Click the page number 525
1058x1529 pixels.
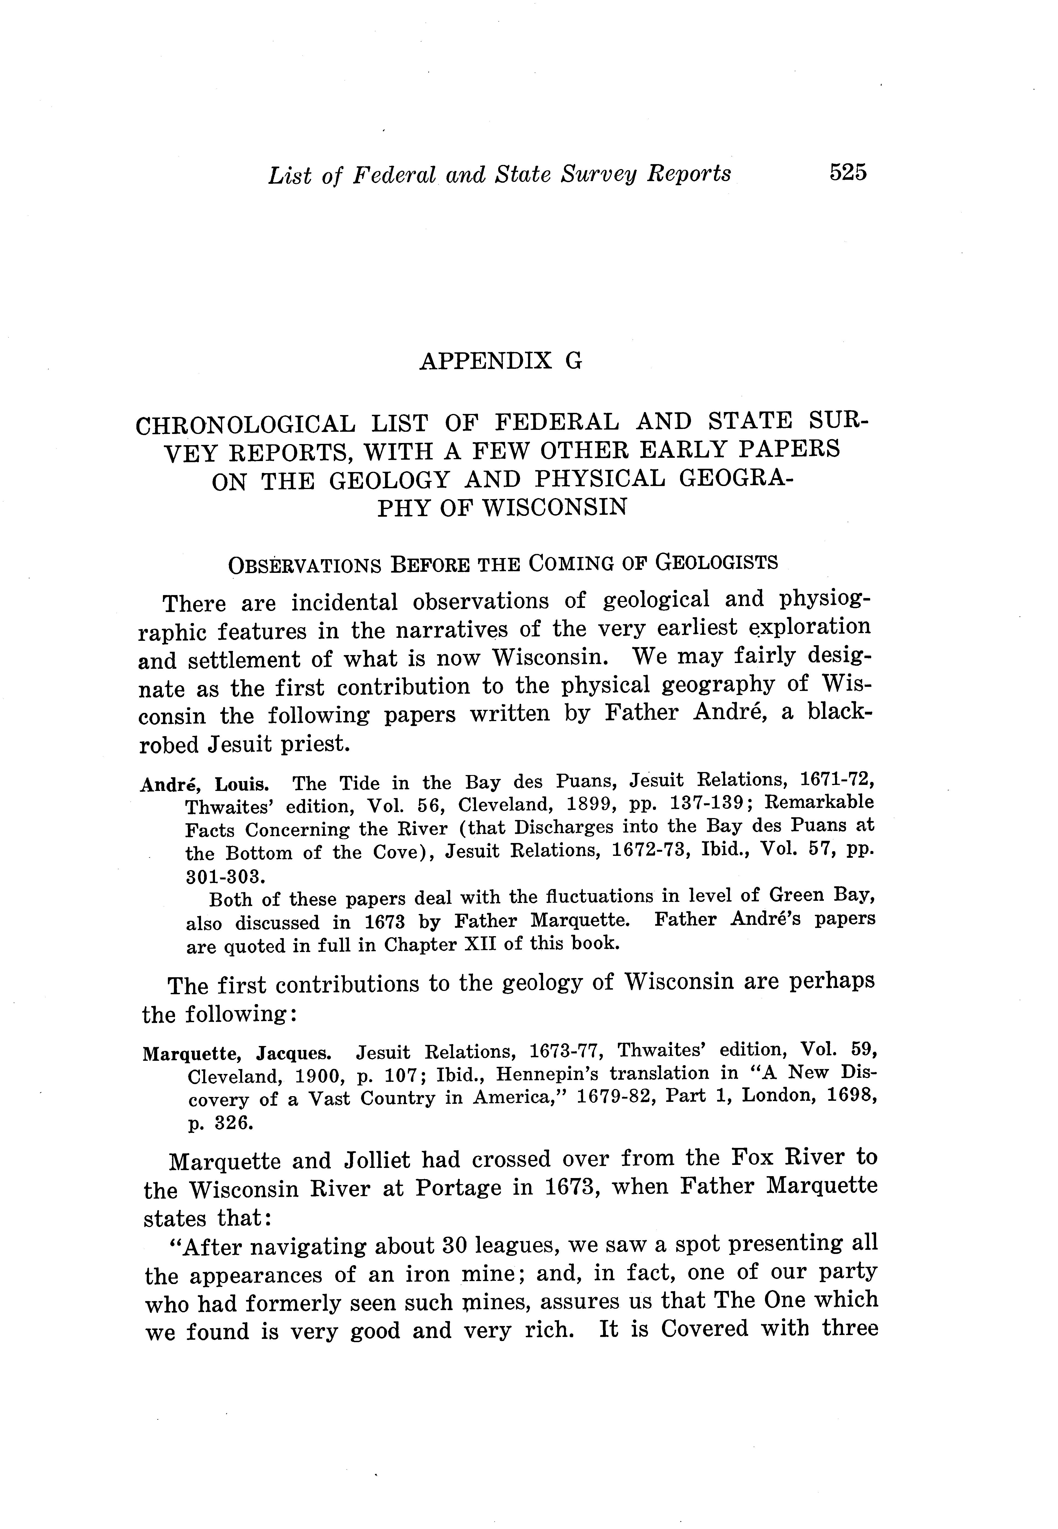(x=847, y=172)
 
